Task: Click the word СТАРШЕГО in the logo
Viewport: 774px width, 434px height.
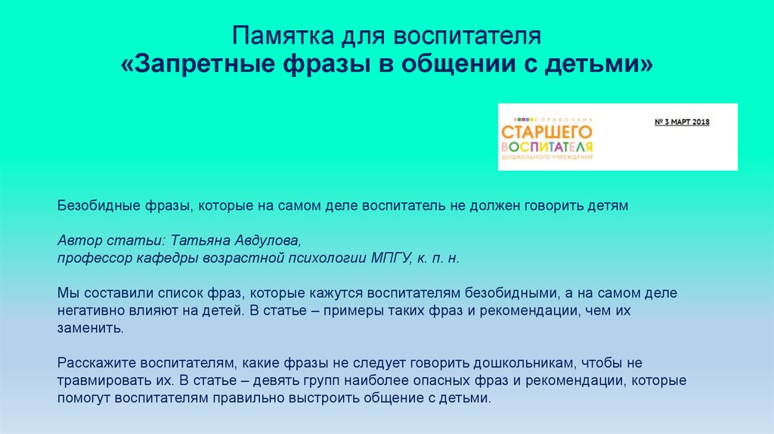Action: [546, 132]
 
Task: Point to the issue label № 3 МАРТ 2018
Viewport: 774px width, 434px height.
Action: [682, 122]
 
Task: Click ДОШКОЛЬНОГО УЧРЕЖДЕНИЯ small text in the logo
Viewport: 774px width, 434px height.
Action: [546, 157]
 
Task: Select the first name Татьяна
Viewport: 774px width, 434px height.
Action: [200, 240]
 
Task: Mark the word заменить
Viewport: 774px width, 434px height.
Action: [91, 328]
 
